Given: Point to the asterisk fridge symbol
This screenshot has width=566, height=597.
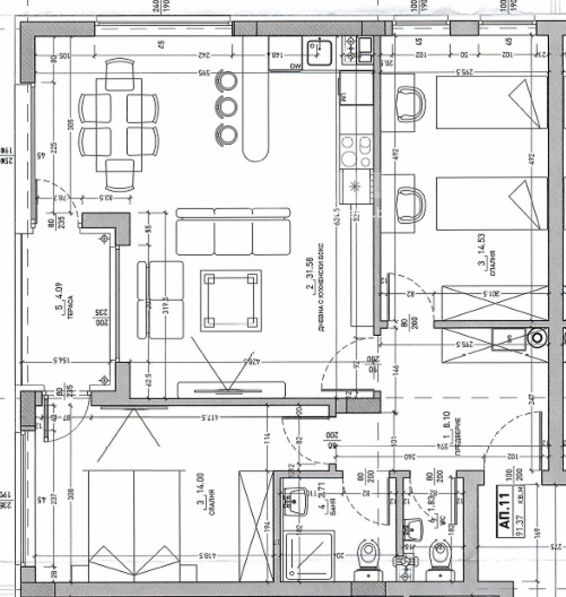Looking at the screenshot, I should [x=355, y=187].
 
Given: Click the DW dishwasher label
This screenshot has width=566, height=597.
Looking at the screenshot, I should [x=295, y=66].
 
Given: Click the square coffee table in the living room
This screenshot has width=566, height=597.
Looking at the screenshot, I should [x=230, y=300].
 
